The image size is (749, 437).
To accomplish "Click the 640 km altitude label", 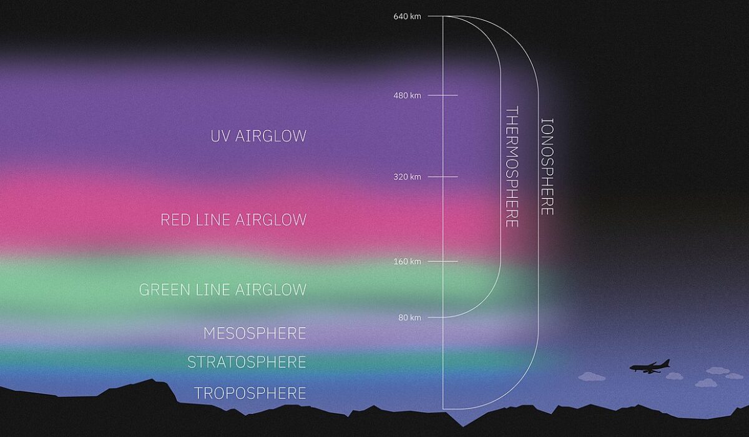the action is tap(407, 16).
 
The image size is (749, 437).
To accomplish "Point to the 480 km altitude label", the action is tap(407, 96).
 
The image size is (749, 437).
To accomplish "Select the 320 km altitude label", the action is tap(407, 177).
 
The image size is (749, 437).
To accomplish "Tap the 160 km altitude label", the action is tap(407, 262).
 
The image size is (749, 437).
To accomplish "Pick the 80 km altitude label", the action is tap(409, 318).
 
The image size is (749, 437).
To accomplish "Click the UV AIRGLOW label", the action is tap(258, 136).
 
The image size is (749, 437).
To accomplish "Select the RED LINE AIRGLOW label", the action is tap(233, 220).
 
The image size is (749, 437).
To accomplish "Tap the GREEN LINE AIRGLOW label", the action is tap(223, 290).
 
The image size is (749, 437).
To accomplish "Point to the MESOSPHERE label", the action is tap(255, 333).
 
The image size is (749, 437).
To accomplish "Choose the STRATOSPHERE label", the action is tap(247, 362).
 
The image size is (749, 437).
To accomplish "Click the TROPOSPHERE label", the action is tap(250, 393).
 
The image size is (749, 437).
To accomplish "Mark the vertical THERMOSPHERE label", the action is tap(512, 167).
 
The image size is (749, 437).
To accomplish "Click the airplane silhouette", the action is tap(650, 367).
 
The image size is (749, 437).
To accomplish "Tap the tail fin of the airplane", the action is tap(667, 363).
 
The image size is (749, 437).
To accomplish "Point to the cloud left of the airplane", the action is tap(592, 377).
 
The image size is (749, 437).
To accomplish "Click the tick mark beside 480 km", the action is tap(443, 96).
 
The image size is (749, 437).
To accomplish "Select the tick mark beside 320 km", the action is tap(443, 177).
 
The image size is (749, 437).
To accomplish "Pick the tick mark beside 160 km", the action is tap(443, 261).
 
